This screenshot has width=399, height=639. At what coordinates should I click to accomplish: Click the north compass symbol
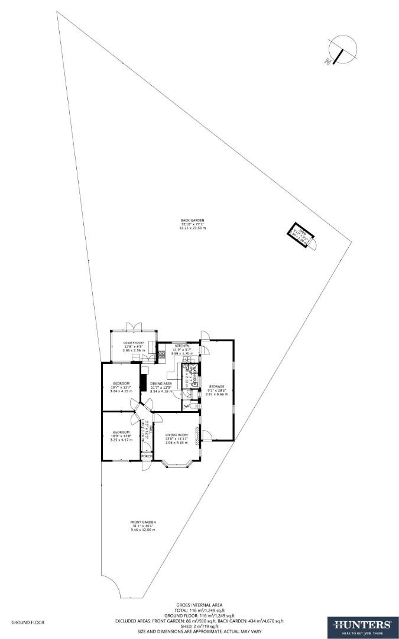click(341, 50)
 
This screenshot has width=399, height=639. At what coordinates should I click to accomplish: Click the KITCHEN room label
click(181, 346)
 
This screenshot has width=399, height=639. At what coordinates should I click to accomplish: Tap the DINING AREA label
click(160, 383)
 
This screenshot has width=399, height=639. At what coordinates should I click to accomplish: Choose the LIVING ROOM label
click(176, 435)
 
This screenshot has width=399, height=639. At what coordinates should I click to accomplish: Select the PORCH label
click(147, 456)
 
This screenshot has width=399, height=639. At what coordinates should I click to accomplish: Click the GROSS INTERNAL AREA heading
click(199, 605)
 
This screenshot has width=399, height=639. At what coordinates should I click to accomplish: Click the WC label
click(187, 406)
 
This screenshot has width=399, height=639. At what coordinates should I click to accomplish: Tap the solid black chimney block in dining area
click(142, 379)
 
